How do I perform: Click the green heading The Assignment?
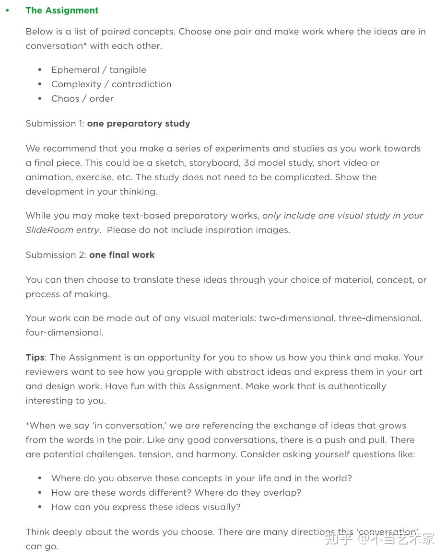62,11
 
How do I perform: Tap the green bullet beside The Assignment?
7,11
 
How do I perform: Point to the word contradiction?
141,84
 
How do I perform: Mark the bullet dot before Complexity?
40,84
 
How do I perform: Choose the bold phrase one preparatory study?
139,124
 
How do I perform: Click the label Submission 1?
55,124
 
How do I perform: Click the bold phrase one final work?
122,255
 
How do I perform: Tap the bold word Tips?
35,358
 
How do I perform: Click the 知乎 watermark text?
340,539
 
